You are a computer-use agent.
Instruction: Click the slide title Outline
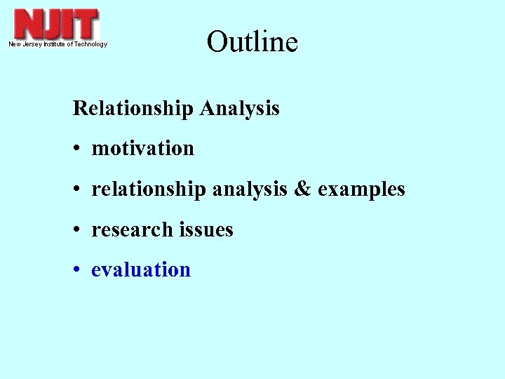point(252,42)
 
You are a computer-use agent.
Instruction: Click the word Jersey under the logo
point(31,44)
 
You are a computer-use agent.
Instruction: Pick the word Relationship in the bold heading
point(133,109)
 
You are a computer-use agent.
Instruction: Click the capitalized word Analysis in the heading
point(239,109)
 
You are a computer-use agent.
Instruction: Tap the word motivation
point(142,149)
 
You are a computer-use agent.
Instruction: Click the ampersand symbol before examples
point(302,189)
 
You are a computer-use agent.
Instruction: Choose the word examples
point(361,189)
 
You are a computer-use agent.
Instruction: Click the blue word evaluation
point(141,270)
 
